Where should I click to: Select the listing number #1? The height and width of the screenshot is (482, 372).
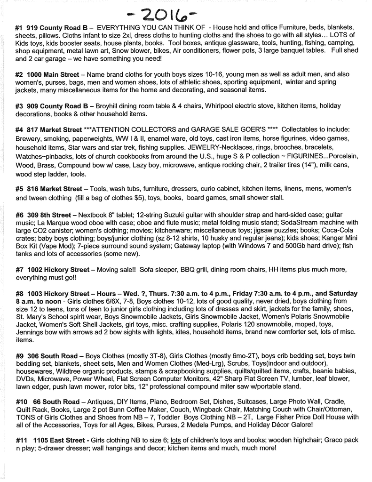point(20,28)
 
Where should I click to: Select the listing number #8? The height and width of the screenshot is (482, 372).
point(20,293)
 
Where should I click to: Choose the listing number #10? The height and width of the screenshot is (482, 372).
point(22,402)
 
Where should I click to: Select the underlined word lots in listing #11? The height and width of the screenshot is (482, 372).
point(176,441)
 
